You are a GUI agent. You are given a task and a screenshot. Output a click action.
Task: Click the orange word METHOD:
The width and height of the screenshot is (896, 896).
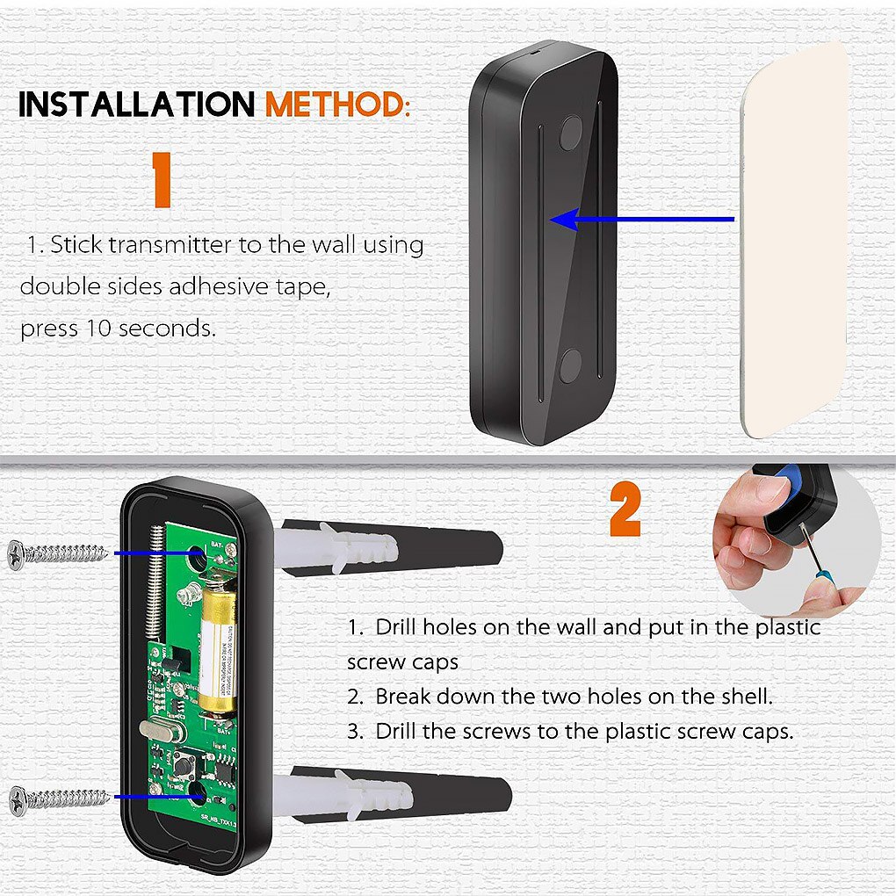[x=338, y=104]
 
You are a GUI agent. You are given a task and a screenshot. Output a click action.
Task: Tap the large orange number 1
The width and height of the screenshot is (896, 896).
[x=160, y=180]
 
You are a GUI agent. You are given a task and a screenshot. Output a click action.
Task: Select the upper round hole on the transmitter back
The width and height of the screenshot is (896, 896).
[x=571, y=131]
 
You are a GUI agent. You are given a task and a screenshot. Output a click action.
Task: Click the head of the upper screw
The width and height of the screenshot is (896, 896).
[x=17, y=553]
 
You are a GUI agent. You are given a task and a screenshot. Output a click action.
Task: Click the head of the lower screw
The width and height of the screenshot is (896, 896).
[x=17, y=798]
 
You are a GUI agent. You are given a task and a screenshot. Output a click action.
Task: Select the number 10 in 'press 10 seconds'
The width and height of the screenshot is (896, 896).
[x=98, y=329]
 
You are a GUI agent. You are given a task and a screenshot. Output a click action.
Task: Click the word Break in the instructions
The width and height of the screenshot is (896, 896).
[x=402, y=697]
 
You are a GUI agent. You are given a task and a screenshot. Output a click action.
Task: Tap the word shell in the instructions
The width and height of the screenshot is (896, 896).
[x=743, y=697]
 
